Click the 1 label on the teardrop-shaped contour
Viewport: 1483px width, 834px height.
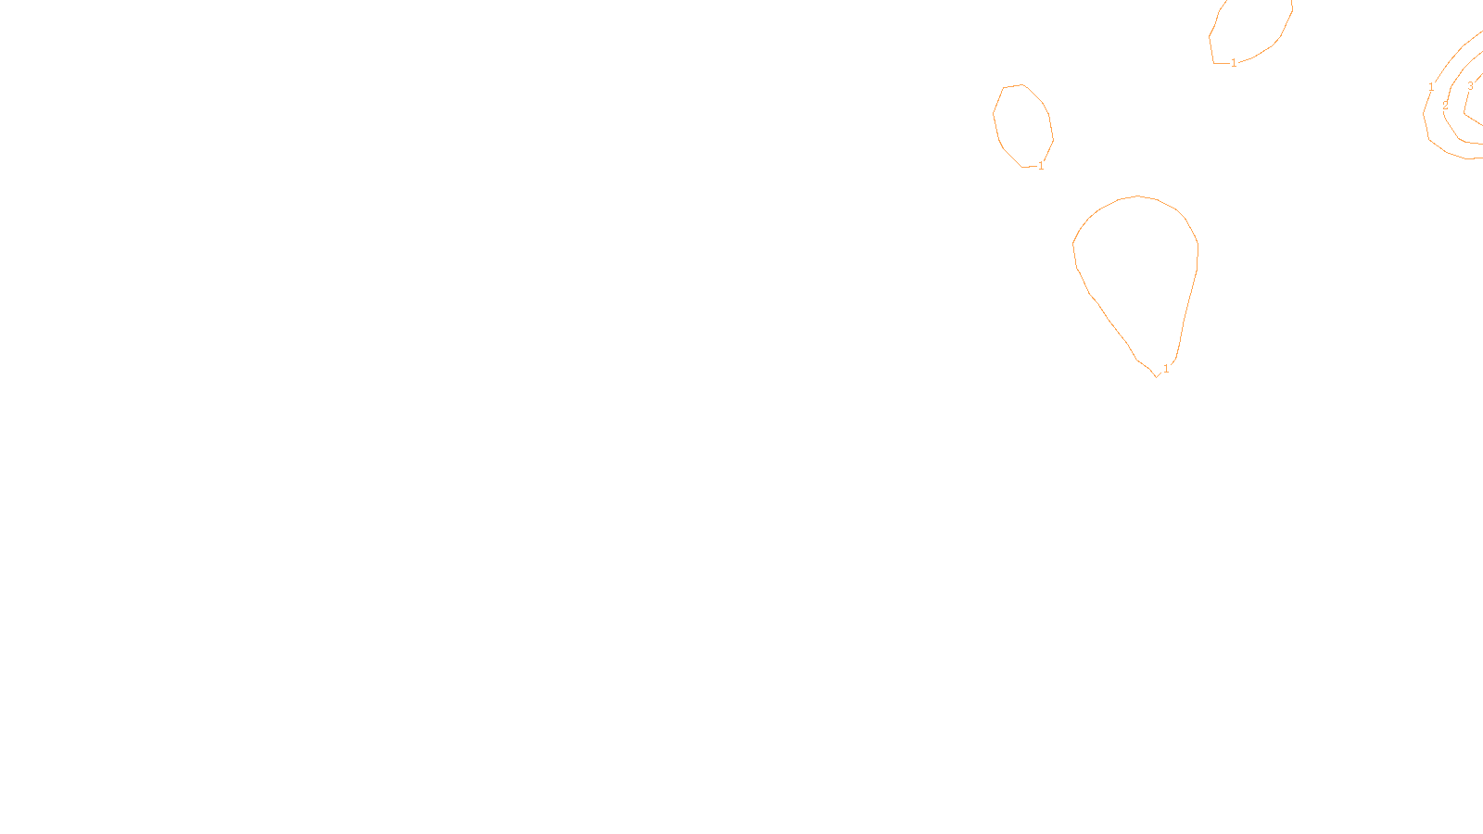coord(1166,369)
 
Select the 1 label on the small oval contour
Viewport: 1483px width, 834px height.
coord(1041,166)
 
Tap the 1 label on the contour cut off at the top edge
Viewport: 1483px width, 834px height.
coord(1234,63)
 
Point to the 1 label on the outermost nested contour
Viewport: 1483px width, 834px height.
coord(1431,87)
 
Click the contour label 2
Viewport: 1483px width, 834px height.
coord(1445,106)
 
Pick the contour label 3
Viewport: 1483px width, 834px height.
coord(1470,86)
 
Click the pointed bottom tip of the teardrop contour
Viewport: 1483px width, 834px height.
coord(1156,376)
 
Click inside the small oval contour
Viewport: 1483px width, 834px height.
coord(1022,125)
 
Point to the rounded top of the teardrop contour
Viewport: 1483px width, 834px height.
coord(1138,196)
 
